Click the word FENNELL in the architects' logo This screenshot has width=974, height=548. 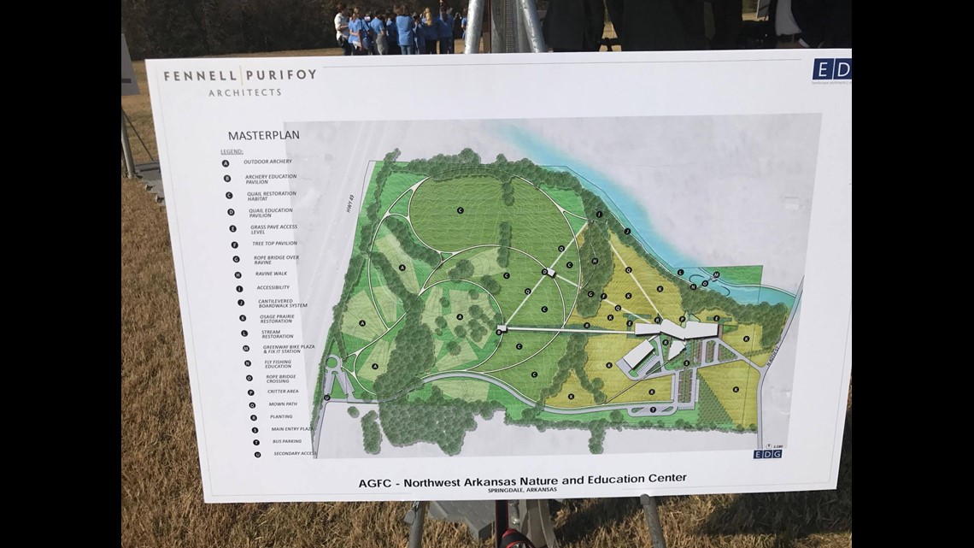tap(193, 76)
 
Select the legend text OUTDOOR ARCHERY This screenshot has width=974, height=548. tap(267, 162)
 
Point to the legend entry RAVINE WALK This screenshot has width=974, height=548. tap(272, 274)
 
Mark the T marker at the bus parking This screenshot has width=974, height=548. tap(654, 410)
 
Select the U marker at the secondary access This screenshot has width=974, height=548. tap(327, 398)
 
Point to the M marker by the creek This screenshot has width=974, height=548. tap(715, 274)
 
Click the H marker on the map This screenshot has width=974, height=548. tap(594, 261)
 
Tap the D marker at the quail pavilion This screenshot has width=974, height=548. tap(544, 272)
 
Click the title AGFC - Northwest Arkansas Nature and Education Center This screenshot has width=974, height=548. tap(522, 479)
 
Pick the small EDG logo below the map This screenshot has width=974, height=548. tap(766, 454)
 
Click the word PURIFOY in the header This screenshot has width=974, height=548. tap(283, 74)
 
